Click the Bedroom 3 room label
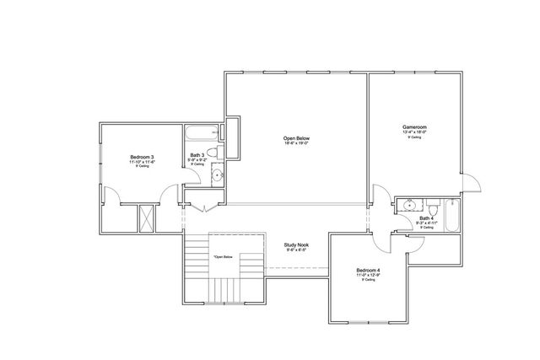click(141, 157)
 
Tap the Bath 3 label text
click(197, 155)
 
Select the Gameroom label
click(414, 127)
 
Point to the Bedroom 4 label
click(368, 271)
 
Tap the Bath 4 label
click(427, 218)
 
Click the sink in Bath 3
click(216, 175)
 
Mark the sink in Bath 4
click(409, 205)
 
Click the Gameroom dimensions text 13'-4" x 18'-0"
click(414, 132)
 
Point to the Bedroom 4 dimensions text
click(368, 276)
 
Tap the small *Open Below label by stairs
click(223, 256)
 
